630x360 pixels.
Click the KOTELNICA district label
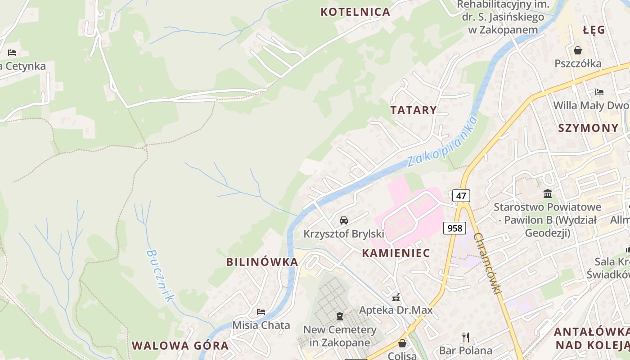coord(355,12)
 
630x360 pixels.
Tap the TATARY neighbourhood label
coord(414,110)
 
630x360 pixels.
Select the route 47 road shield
coord(461,196)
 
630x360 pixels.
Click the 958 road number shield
coord(454,228)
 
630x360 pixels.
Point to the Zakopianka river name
coord(441,142)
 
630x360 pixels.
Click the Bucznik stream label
coord(160,275)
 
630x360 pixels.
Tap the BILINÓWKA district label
coord(262,262)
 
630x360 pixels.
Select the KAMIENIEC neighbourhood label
coord(396,253)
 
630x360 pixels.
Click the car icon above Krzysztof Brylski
coord(344,220)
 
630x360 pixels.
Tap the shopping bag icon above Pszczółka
coord(578,50)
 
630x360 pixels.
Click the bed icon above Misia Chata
coord(261,311)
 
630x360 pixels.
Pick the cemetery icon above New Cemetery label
coord(340,316)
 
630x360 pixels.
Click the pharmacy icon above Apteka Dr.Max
coord(396,297)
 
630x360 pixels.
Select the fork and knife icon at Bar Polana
coord(466,337)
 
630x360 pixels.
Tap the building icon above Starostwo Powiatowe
coord(548,194)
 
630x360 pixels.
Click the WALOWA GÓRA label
coord(180,346)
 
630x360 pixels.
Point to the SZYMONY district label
coord(588,128)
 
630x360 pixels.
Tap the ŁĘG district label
coord(594,30)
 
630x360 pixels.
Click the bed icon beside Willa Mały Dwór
coord(599,92)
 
